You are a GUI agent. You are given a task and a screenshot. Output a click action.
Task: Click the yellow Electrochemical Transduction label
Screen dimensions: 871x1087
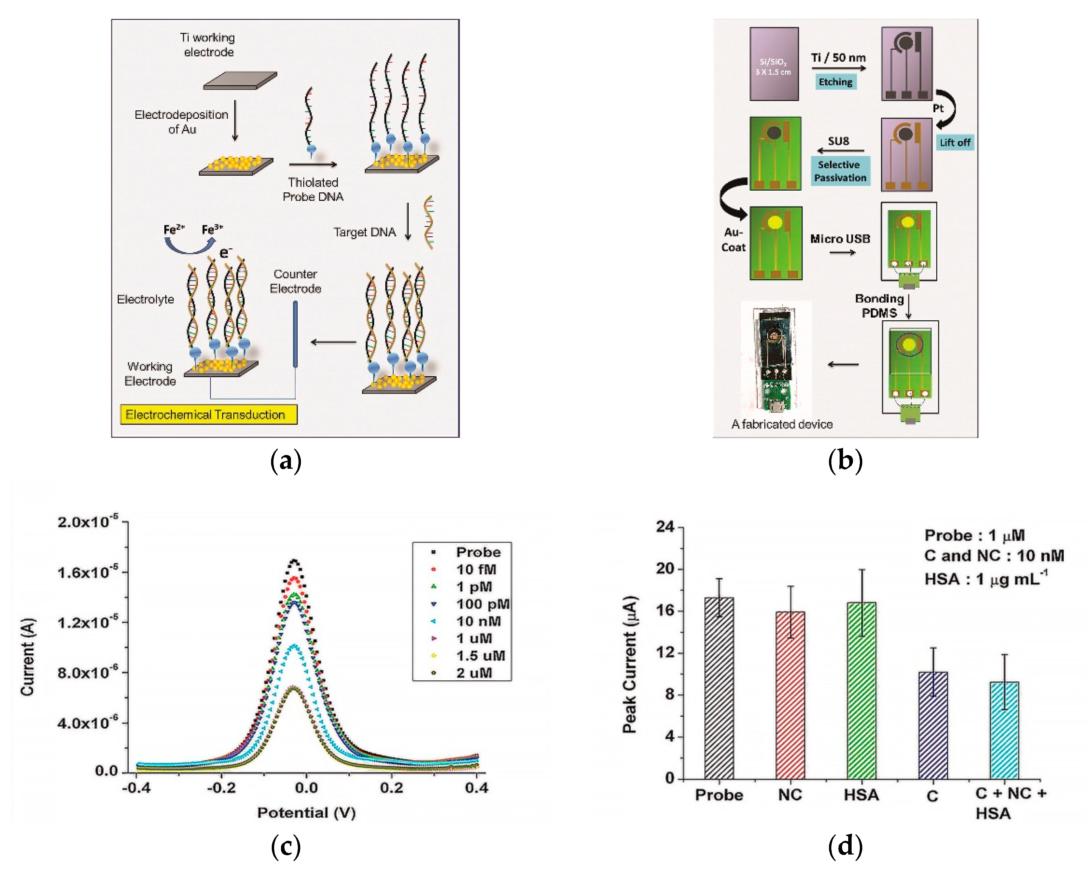coord(208,414)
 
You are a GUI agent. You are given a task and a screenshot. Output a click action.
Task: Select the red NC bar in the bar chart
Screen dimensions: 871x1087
coord(790,695)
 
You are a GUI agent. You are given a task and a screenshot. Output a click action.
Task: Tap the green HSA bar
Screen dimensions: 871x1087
coord(861,690)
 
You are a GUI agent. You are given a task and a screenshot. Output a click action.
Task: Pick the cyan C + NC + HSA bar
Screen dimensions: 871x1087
coord(1004,730)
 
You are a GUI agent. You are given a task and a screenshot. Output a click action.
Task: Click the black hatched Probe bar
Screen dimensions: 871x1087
coord(719,688)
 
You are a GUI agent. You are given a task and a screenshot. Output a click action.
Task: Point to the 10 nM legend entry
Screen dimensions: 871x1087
coord(478,621)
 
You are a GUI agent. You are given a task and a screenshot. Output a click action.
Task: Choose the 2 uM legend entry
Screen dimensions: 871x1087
coord(474,673)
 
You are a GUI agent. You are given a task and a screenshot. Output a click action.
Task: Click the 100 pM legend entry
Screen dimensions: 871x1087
coord(482,604)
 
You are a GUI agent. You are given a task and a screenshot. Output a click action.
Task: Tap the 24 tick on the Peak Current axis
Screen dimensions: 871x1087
coord(666,527)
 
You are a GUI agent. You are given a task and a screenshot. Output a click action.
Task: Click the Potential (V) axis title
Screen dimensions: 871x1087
coord(306,813)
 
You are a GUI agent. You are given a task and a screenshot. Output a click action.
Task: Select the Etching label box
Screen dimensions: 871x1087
coord(835,82)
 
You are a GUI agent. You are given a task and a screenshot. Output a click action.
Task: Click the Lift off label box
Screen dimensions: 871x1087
coord(955,143)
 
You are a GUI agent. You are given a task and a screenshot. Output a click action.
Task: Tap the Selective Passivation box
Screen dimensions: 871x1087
coord(840,171)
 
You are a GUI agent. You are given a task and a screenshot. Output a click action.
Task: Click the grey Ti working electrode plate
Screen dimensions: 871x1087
coord(240,81)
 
